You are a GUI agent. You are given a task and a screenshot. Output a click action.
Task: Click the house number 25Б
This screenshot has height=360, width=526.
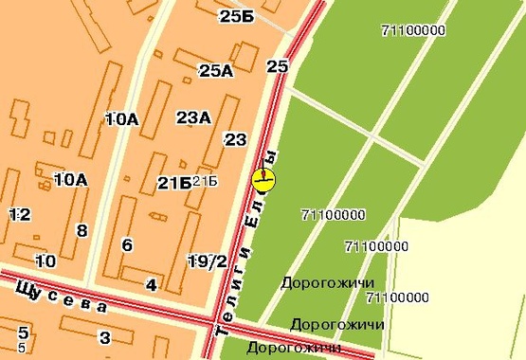point(235,16)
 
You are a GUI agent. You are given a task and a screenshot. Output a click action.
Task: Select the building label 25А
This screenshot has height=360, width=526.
point(216,70)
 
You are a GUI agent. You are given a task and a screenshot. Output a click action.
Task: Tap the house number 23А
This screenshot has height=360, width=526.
point(193,117)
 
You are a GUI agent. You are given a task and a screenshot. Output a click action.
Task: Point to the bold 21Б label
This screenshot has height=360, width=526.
point(173,183)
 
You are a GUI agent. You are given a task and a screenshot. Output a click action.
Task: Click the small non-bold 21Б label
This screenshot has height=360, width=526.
point(206,181)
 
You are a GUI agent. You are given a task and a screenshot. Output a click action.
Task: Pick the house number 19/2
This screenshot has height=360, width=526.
point(207,261)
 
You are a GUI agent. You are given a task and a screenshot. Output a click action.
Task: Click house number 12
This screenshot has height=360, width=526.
point(19,215)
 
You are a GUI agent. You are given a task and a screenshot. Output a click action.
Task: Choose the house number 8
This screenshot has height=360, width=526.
point(82,230)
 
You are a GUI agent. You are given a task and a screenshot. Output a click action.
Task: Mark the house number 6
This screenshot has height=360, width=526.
point(127,245)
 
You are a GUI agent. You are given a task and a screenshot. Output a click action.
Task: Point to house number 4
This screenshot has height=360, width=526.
point(151,284)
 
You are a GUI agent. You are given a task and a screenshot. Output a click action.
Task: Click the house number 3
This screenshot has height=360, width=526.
point(105,337)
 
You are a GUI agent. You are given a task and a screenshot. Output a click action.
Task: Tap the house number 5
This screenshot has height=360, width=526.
point(24,337)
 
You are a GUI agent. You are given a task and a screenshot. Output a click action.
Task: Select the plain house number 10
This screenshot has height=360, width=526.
point(45,261)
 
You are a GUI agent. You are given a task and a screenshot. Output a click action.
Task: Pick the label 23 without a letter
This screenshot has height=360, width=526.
point(235,140)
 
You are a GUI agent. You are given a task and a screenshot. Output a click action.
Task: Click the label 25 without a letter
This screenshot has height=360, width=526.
point(277,66)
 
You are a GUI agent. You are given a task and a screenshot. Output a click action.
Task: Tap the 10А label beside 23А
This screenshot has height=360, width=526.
point(122,118)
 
